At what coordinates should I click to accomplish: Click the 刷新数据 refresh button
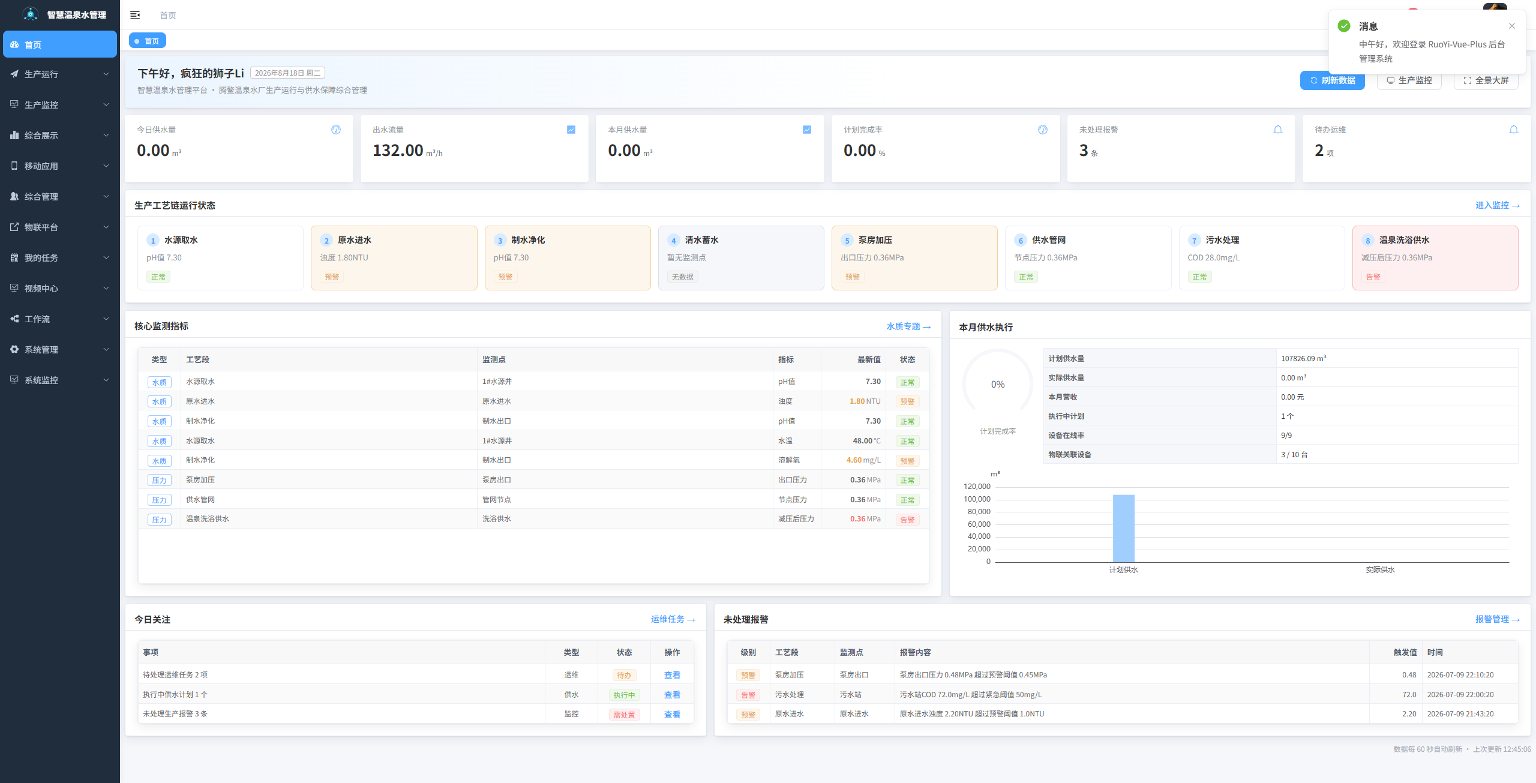tap(1332, 80)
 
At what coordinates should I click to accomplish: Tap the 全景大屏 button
tap(1486, 80)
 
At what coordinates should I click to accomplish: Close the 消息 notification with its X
tap(1512, 26)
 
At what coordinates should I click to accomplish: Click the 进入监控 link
tap(1498, 205)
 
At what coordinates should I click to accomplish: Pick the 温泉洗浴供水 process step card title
tap(1404, 240)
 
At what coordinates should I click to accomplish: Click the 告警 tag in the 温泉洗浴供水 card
tap(1373, 277)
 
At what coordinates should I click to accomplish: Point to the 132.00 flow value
tap(398, 150)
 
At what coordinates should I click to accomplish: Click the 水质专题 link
tap(908, 326)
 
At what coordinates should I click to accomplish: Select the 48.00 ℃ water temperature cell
tap(866, 440)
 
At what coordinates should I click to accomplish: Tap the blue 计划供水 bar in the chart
tap(1123, 529)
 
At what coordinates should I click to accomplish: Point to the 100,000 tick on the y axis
tap(977, 499)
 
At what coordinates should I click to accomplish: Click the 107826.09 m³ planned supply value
tap(1303, 358)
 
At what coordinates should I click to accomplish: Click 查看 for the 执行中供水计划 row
tap(672, 695)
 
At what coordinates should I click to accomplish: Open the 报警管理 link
tap(1498, 619)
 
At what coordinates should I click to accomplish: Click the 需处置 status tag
tap(624, 715)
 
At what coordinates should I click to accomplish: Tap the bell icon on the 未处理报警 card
tap(1278, 130)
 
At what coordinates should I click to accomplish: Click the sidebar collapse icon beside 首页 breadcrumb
tap(135, 15)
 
